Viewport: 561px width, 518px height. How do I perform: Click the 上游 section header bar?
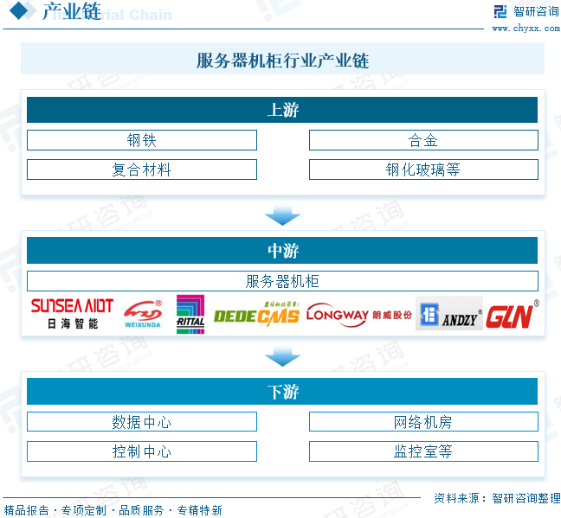[x=282, y=110]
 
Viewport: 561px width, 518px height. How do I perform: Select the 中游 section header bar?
[x=282, y=251]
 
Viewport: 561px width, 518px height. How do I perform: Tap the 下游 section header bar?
[x=282, y=392]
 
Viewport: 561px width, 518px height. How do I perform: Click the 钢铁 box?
[x=142, y=140]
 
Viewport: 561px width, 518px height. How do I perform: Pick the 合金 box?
[x=423, y=140]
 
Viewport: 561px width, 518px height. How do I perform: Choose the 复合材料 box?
[x=142, y=169]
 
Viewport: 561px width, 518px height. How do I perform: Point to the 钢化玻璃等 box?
[x=423, y=169]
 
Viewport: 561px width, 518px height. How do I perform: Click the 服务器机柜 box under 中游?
[x=282, y=281]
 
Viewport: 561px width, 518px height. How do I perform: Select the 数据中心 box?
[x=142, y=422]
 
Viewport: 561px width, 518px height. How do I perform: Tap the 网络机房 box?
[x=423, y=422]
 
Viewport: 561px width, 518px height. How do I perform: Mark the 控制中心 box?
[x=142, y=451]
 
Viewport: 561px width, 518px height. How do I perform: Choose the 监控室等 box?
[x=423, y=451]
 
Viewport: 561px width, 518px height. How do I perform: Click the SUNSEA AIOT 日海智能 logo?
[x=72, y=314]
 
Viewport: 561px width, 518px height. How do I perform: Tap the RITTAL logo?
[x=190, y=314]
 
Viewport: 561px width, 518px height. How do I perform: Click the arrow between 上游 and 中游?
[x=282, y=215]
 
